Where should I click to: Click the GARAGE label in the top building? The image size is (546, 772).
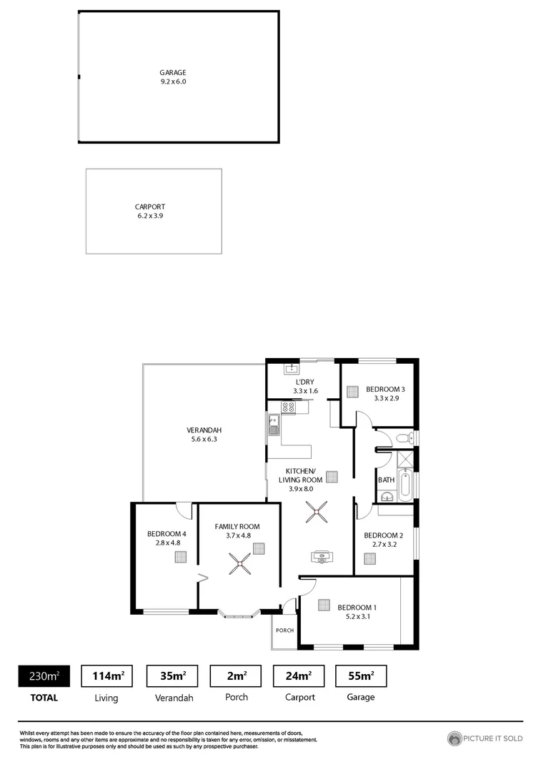[x=173, y=72]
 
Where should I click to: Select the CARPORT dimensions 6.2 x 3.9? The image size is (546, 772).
[x=155, y=215]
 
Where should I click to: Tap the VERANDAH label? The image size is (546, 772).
[x=204, y=430]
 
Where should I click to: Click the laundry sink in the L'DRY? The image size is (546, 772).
[x=291, y=370]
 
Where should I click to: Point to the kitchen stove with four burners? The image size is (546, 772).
[x=288, y=407]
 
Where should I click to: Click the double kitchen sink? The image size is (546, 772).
[x=273, y=425]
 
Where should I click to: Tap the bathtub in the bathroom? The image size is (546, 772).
[x=405, y=485]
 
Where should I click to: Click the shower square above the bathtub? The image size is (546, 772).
[x=404, y=459]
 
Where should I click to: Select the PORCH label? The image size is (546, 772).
[x=285, y=630]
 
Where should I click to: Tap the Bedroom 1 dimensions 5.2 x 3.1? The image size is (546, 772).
[x=357, y=616]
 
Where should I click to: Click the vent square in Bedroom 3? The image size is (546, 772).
[x=352, y=391]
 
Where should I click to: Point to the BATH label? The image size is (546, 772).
[x=386, y=480]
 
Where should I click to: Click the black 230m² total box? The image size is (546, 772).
[x=44, y=675]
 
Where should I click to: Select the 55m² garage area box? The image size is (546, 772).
[x=360, y=675]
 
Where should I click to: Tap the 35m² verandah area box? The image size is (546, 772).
[x=172, y=675]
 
